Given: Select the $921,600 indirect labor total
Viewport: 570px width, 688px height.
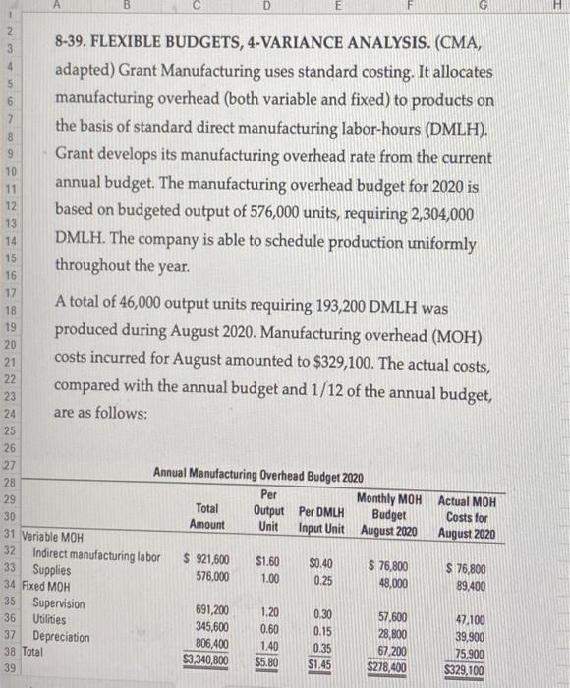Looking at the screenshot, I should tap(207, 557).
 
